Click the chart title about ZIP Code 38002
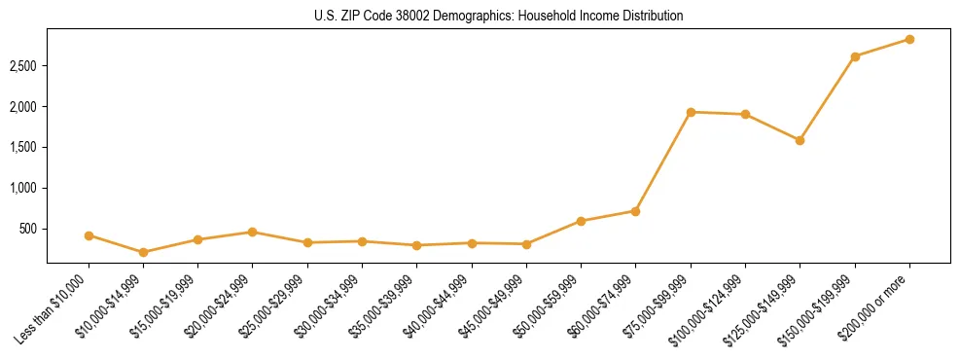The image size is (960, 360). (499, 16)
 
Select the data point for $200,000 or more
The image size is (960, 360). (909, 39)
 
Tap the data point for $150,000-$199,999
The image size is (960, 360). (855, 56)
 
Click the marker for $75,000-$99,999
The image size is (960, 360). (691, 112)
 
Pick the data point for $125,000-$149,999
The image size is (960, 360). (800, 140)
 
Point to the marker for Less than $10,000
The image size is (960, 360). (89, 235)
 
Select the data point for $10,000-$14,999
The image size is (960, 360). (144, 252)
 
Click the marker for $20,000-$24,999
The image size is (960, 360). (253, 232)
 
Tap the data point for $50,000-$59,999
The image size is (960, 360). (581, 221)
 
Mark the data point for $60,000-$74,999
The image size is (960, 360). (635, 211)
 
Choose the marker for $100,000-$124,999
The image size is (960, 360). (745, 114)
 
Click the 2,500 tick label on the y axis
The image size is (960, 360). (24, 66)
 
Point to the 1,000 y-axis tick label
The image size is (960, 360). (24, 188)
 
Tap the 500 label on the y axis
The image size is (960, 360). (29, 229)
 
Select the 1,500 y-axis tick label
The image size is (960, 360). (24, 147)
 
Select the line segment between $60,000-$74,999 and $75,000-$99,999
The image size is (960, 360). (663, 162)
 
